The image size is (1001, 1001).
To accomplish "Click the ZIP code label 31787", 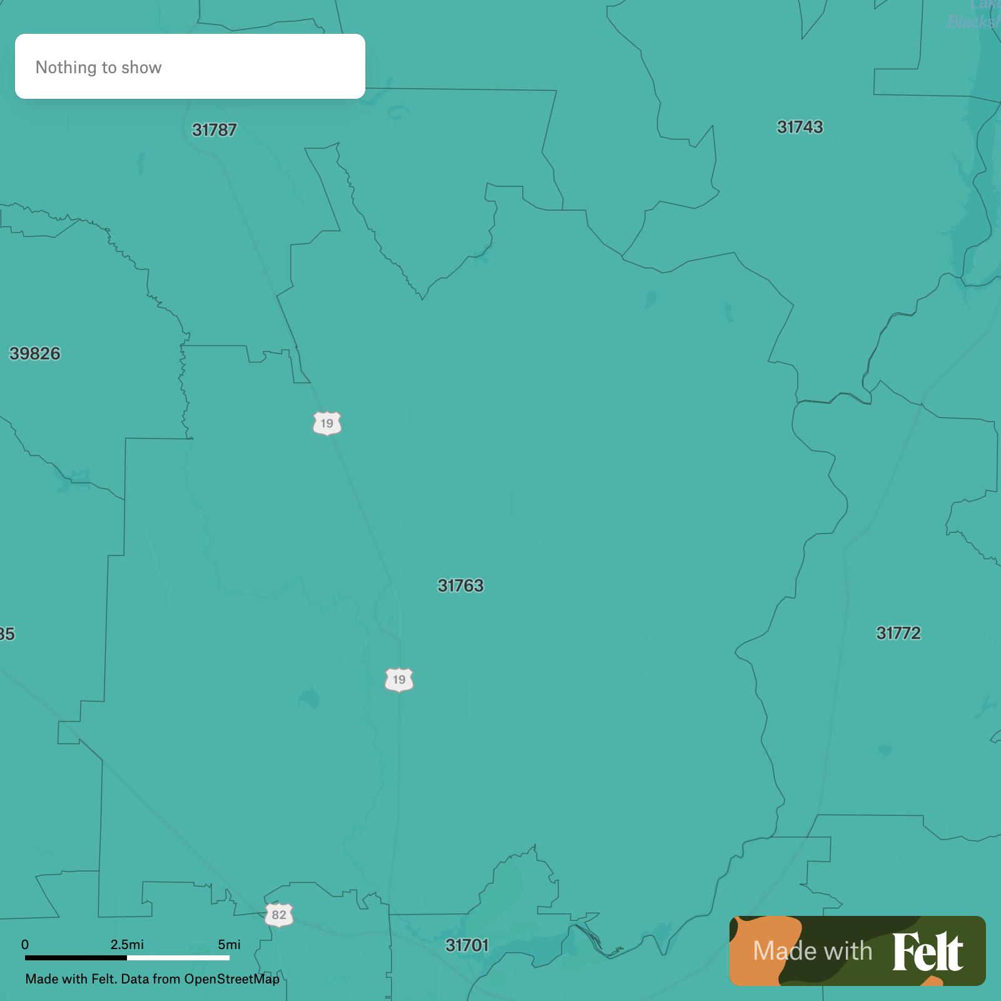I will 214,130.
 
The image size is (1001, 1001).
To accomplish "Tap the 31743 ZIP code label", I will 800,127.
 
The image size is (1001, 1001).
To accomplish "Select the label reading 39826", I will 35,353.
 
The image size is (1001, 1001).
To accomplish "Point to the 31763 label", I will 460,586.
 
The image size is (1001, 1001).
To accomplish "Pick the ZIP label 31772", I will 898,633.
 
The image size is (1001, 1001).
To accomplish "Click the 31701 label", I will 467,945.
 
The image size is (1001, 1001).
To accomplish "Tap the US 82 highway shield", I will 279,915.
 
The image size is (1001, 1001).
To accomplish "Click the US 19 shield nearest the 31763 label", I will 399,679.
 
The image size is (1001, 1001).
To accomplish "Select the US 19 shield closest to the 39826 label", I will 327,424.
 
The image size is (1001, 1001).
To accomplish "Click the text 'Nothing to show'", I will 98,68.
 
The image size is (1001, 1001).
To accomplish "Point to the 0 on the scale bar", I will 25,944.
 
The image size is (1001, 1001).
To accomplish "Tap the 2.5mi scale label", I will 127,944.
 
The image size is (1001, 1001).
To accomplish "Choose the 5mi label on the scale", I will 229,944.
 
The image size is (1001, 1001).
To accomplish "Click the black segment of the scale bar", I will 76,957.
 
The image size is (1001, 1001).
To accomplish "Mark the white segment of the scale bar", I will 178,957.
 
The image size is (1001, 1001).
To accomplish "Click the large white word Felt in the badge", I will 927,952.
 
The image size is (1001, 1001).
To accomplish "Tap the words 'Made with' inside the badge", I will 812,951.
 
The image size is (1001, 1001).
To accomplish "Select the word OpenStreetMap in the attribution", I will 231,978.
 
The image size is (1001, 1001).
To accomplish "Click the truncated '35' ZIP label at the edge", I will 7,634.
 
